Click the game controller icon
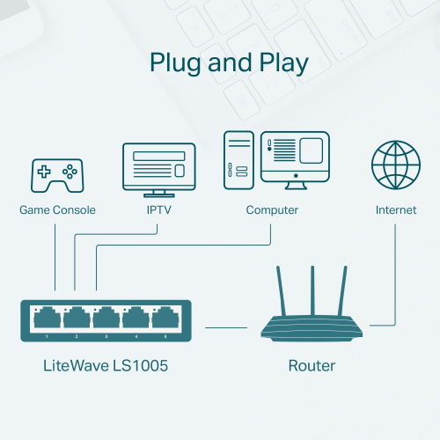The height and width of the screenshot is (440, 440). [x=57, y=175]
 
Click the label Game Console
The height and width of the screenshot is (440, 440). [x=57, y=210]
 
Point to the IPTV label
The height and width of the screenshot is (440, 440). [x=158, y=210]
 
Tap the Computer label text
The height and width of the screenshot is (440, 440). [x=272, y=210]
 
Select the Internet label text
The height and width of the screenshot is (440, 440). [x=396, y=210]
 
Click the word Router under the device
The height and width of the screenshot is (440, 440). [x=312, y=365]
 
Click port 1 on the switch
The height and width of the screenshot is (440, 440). [x=46, y=318]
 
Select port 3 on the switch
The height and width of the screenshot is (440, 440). [x=106, y=318]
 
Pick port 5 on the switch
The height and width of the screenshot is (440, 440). [x=165, y=318]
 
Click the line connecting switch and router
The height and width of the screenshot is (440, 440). [x=226, y=327]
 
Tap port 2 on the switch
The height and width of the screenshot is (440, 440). [x=76, y=318]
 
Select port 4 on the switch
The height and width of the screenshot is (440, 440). [x=136, y=318]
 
